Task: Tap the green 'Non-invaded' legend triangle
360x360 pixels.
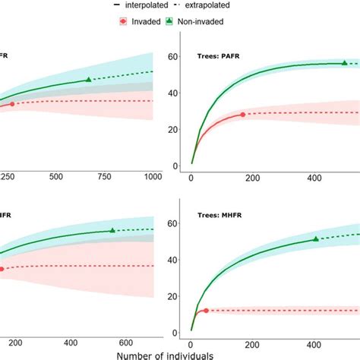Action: (x=171, y=21)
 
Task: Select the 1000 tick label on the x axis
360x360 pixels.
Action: (x=152, y=176)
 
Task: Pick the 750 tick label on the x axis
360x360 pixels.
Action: (x=104, y=176)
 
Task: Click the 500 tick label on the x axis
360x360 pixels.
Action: (x=55, y=176)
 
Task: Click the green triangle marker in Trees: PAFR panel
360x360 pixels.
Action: (x=344, y=63)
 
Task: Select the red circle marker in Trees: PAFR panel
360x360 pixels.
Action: (x=243, y=115)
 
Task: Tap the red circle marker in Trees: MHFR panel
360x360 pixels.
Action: (x=206, y=311)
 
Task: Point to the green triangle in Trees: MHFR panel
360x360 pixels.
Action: (x=316, y=239)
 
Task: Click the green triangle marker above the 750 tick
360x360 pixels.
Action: (x=88, y=79)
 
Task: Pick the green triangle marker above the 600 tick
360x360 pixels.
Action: (x=112, y=230)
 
